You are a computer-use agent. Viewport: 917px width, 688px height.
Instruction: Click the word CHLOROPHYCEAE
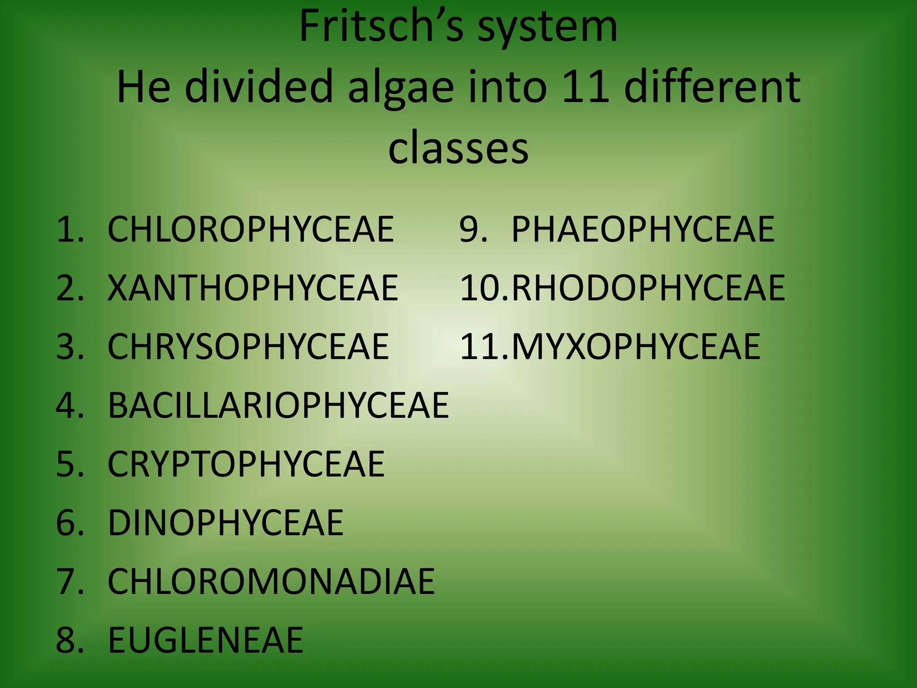coord(251,229)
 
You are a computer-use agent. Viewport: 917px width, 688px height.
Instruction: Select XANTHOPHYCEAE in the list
coord(253,288)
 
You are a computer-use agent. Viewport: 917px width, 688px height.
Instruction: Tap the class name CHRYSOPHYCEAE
coord(249,347)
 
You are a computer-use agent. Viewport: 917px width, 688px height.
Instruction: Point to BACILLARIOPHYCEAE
coord(278,405)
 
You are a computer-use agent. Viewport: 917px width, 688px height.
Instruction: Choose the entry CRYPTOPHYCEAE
coord(246,464)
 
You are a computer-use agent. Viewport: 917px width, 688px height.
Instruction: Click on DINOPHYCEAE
coord(226,523)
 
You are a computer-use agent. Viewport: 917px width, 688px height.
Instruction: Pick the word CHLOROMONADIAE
coord(271,581)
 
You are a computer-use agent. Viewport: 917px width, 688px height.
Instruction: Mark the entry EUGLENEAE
coord(206,640)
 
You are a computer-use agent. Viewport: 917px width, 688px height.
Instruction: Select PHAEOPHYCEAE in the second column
coord(643,229)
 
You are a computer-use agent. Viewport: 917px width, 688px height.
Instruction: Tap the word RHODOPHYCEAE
coord(648,288)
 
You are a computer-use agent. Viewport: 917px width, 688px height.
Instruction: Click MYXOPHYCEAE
coord(636,347)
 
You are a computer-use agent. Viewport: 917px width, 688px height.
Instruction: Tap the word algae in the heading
coord(400,87)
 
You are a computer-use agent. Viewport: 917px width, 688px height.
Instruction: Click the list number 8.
coord(67,640)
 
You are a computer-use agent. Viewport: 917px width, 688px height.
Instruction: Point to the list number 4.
coord(67,405)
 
